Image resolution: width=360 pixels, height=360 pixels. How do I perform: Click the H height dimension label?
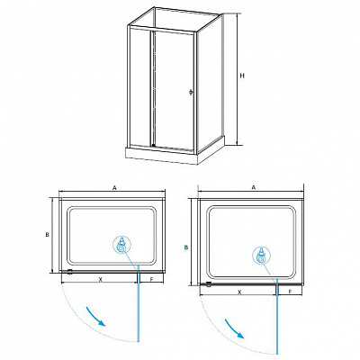pos(242,76)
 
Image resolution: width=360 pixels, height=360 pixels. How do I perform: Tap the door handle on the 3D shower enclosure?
pos(191,93)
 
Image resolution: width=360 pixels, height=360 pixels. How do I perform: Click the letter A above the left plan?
pos(114,188)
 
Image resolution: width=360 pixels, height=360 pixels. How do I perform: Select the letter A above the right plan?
pos(254,187)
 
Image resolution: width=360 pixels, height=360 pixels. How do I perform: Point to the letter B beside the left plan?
pos(47,235)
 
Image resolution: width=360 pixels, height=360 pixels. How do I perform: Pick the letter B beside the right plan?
pos(186,247)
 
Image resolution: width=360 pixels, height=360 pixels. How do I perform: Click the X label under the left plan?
pos(101,279)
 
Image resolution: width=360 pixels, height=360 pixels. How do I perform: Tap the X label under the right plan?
pos(239,292)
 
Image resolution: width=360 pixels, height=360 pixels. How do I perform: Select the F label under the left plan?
pos(151,279)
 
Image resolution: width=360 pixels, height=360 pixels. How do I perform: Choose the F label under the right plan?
pos(290,292)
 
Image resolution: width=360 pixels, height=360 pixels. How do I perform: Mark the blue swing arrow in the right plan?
pos(235,328)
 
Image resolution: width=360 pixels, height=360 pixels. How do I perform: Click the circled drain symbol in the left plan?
pos(121,244)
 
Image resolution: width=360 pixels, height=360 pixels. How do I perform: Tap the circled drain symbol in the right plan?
pos(261,255)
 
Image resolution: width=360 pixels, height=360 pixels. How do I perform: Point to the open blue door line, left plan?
pos(139,303)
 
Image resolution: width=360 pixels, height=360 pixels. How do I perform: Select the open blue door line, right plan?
pos(277,316)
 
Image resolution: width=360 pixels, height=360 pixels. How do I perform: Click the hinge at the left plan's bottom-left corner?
pos(70,272)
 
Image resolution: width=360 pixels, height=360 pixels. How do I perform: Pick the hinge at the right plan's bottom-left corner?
pos(209,284)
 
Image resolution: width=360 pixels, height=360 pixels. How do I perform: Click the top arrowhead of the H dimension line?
pos(238,15)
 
